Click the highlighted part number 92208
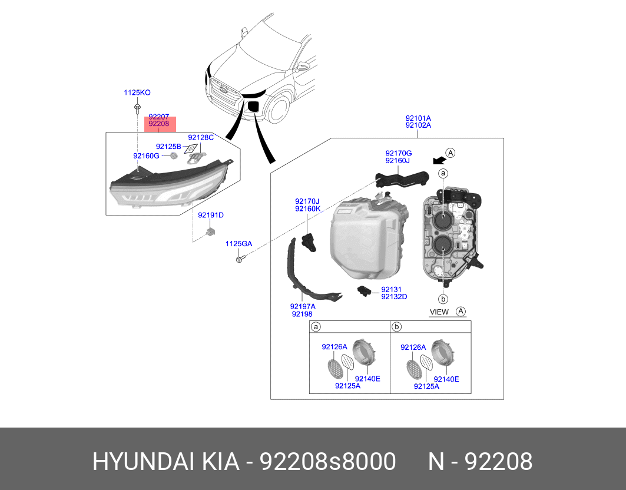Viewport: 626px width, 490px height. click(x=159, y=124)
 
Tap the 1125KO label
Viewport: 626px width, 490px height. click(x=137, y=92)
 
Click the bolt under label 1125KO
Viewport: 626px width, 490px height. click(x=137, y=108)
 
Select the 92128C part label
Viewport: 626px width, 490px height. click(x=200, y=137)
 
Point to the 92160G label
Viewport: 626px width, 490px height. click(x=146, y=155)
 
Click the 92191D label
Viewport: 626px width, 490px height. click(x=211, y=215)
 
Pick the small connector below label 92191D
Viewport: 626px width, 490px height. click(x=210, y=232)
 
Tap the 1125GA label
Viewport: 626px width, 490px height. click(x=239, y=243)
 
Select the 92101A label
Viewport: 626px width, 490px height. click(x=418, y=118)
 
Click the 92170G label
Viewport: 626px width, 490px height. click(x=399, y=153)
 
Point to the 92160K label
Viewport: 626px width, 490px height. click(x=307, y=208)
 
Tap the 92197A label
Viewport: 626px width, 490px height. click(x=303, y=306)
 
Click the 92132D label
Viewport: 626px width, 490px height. click(x=394, y=297)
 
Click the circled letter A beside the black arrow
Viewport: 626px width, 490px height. click(x=451, y=153)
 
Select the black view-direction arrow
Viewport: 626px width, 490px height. click(x=437, y=160)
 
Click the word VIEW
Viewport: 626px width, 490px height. click(x=439, y=312)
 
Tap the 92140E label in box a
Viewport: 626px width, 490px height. click(x=367, y=379)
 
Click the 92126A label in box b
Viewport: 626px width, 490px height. click(x=413, y=347)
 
